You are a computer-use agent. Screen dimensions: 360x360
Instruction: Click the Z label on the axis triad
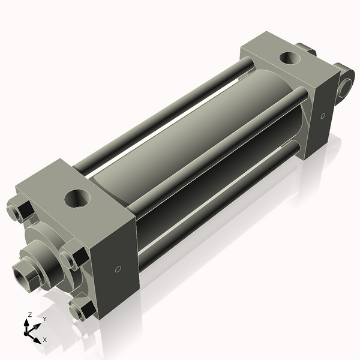[29, 314]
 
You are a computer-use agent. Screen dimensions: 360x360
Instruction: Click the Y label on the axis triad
[44, 319]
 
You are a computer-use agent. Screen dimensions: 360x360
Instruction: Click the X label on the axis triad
[44, 340]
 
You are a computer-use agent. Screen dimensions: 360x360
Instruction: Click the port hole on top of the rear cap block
[290, 58]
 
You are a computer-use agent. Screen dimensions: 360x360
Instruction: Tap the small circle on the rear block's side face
[323, 115]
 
